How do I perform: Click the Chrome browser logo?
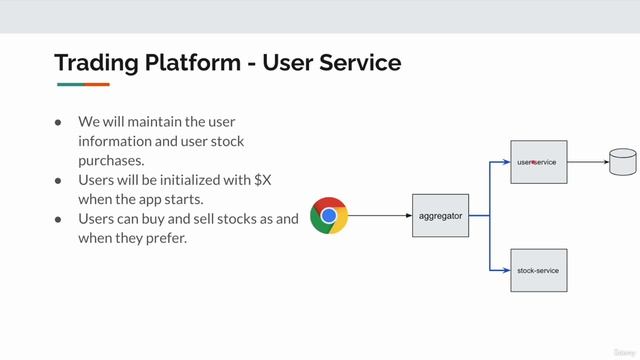coord(329,215)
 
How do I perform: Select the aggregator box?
coord(440,215)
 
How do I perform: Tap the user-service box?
coord(539,161)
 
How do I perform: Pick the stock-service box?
coord(539,270)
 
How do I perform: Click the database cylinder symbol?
coord(623,160)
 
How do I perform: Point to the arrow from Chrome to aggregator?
coord(380,215)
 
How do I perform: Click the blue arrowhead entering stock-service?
coord(505,270)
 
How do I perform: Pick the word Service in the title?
coord(358,63)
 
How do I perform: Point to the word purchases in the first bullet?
coord(111,160)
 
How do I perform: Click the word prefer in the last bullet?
coord(166,238)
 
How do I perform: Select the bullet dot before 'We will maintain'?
coord(59,122)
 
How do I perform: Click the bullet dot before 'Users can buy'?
coord(59,219)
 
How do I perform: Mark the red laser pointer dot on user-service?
coord(534,161)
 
